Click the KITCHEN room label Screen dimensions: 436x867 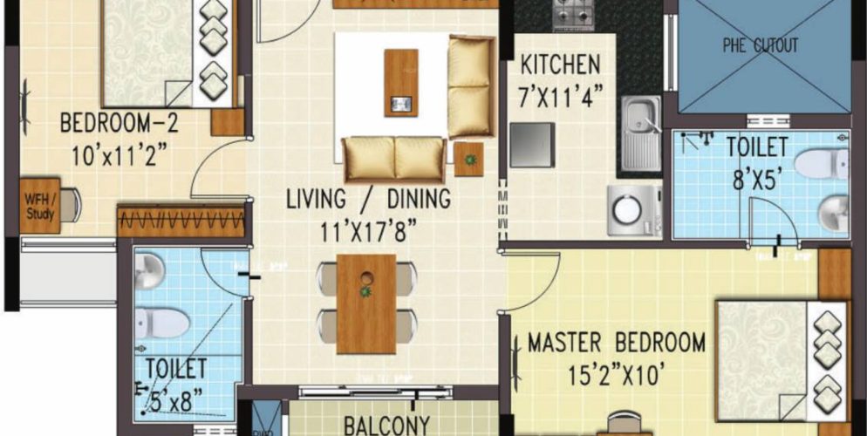point(559,65)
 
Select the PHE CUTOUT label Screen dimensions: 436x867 point(761,45)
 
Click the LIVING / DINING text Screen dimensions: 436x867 point(368,200)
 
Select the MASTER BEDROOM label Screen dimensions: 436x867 point(616,343)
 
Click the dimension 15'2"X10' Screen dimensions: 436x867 point(616,376)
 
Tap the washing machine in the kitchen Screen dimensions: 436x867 point(627,208)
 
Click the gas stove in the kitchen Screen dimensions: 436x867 point(573,13)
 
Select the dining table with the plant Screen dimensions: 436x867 point(366,303)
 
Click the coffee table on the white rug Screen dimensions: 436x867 point(400,83)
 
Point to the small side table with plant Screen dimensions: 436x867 point(469,159)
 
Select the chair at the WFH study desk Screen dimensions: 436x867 point(70,205)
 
